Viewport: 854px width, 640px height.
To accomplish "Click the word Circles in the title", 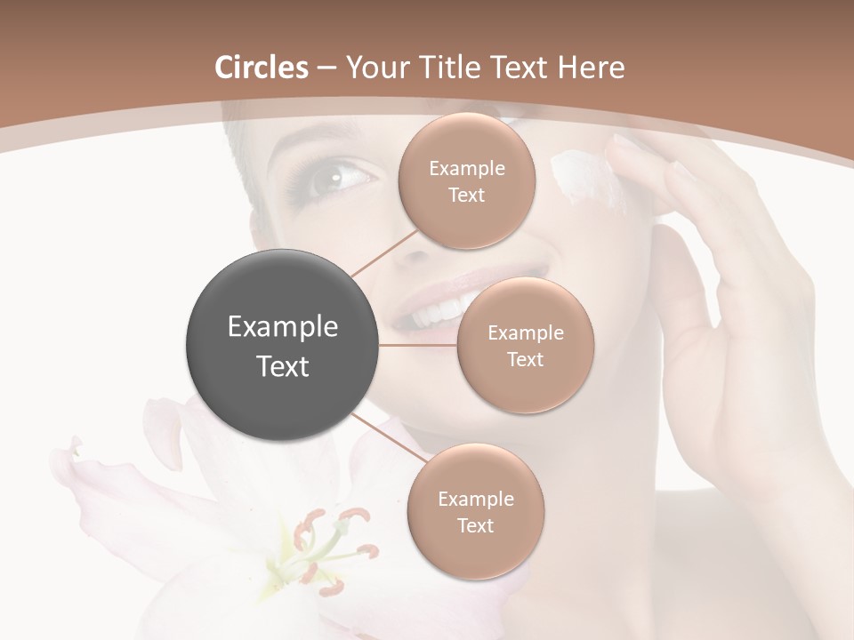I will click(x=261, y=68).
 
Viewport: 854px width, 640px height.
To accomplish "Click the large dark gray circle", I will click(x=283, y=346).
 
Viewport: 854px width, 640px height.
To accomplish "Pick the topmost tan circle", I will click(x=467, y=180).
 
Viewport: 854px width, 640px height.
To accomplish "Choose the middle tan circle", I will click(x=525, y=345).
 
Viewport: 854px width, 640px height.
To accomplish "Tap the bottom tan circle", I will click(x=475, y=511).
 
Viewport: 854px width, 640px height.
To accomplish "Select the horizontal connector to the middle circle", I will click(x=418, y=345).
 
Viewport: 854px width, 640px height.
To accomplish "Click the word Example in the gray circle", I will click(x=283, y=327).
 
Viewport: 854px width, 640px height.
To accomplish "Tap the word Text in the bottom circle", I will click(x=475, y=525).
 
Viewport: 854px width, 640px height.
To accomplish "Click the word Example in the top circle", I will click(x=467, y=168).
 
